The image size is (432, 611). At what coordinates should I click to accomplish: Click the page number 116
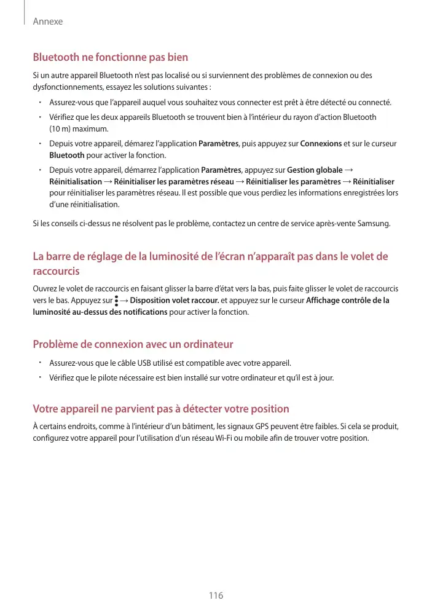(216, 595)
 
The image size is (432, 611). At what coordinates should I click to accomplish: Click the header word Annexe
(48, 22)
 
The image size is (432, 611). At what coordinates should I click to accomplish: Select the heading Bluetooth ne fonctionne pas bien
(110, 57)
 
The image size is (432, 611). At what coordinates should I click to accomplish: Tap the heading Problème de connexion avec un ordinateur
(133, 344)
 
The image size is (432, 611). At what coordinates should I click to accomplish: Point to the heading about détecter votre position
(160, 409)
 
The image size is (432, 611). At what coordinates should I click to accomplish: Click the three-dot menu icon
(116, 301)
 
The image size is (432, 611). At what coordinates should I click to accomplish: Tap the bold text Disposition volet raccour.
(174, 301)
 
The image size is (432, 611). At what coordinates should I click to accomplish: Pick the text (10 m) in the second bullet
(61, 129)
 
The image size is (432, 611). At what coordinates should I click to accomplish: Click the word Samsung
(374, 221)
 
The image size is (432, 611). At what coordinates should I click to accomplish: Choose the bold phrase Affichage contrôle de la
(347, 301)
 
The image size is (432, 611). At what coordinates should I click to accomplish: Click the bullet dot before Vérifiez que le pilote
(39, 376)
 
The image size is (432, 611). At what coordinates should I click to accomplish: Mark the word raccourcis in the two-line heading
(56, 271)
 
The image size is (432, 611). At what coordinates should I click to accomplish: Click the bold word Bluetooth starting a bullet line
(67, 155)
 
